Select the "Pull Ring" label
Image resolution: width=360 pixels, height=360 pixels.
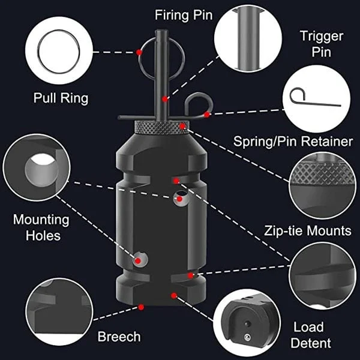click(61, 97)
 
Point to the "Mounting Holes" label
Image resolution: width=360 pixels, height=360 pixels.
click(41, 227)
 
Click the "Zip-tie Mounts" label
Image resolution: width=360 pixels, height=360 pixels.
click(308, 230)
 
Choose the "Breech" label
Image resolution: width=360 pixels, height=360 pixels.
click(119, 337)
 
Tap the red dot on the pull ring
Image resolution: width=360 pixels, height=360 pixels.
click(139, 53)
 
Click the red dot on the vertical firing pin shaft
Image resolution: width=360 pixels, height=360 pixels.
click(164, 98)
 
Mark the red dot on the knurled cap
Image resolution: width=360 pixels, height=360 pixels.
click(183, 126)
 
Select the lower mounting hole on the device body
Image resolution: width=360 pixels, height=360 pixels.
click(140, 259)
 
